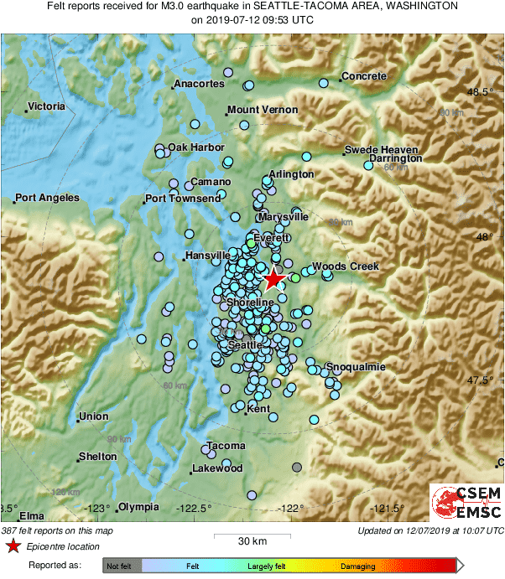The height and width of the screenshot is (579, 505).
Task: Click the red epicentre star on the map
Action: click(273, 280)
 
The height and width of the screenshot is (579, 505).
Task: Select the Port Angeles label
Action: click(49, 199)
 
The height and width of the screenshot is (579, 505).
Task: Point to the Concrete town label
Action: click(364, 76)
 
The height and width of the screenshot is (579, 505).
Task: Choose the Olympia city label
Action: click(138, 507)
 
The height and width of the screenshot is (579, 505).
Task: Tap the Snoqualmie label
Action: click(356, 367)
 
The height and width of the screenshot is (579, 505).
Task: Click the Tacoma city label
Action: click(226, 446)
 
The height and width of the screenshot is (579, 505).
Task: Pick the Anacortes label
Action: click(200, 84)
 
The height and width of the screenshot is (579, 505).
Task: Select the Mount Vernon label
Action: click(263, 110)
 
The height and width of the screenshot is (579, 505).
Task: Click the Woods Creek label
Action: click(346, 266)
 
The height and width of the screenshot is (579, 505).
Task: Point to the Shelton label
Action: click(97, 457)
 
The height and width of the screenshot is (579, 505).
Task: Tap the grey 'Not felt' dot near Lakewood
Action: click(296, 467)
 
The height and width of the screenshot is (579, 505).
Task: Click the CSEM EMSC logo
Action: click(466, 504)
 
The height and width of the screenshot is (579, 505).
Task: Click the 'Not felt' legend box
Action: click(122, 567)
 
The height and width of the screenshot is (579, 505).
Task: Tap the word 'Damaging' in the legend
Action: click(358, 567)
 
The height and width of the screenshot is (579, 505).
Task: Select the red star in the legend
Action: click(13, 547)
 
